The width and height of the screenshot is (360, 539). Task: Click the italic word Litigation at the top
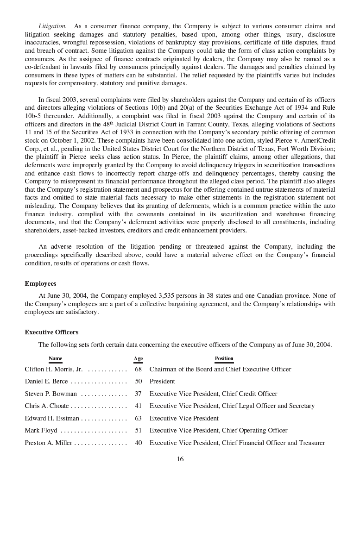click(x=52, y=26)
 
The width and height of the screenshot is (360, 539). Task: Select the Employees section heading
click(x=40, y=283)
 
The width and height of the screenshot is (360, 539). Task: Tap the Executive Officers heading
click(x=51, y=332)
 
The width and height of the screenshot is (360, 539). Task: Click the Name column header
click(x=55, y=358)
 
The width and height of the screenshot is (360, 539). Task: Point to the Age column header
click(x=138, y=358)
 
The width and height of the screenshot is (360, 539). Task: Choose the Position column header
click(x=224, y=358)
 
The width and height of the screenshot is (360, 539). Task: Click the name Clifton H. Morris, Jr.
click(x=53, y=369)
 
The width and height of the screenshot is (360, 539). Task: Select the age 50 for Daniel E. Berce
click(x=139, y=381)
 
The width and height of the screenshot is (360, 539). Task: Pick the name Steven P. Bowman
click(x=51, y=394)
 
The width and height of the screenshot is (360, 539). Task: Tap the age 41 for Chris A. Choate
click(x=139, y=406)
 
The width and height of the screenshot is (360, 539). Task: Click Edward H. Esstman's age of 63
click(x=139, y=418)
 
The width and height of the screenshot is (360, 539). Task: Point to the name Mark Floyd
click(x=41, y=430)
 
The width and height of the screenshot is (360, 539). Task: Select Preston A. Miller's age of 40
click(x=139, y=443)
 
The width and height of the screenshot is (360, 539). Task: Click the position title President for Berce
click(x=162, y=381)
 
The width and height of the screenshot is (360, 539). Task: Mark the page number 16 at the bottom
click(x=180, y=459)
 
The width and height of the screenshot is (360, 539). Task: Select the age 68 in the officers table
click(x=139, y=369)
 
